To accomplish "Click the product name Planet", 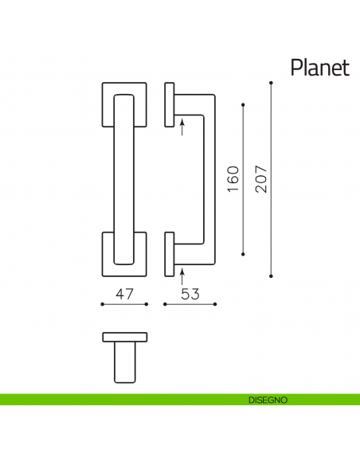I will point(319,67).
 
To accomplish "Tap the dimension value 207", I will point(260,180).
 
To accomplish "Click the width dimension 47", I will point(124,294).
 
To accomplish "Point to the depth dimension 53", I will point(190,294).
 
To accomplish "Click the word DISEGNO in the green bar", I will point(268,399).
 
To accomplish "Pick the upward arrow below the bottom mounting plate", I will point(182,276).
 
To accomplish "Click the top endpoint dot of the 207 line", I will point(272,83).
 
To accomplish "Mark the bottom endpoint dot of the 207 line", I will point(272,276).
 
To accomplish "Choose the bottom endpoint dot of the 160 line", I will point(243,255).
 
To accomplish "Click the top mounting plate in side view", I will point(169,104).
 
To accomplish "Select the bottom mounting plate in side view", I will point(169,254).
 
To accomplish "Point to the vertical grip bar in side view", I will point(209,179).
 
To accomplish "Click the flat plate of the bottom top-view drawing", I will point(124,335).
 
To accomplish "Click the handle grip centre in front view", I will point(124,179).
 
